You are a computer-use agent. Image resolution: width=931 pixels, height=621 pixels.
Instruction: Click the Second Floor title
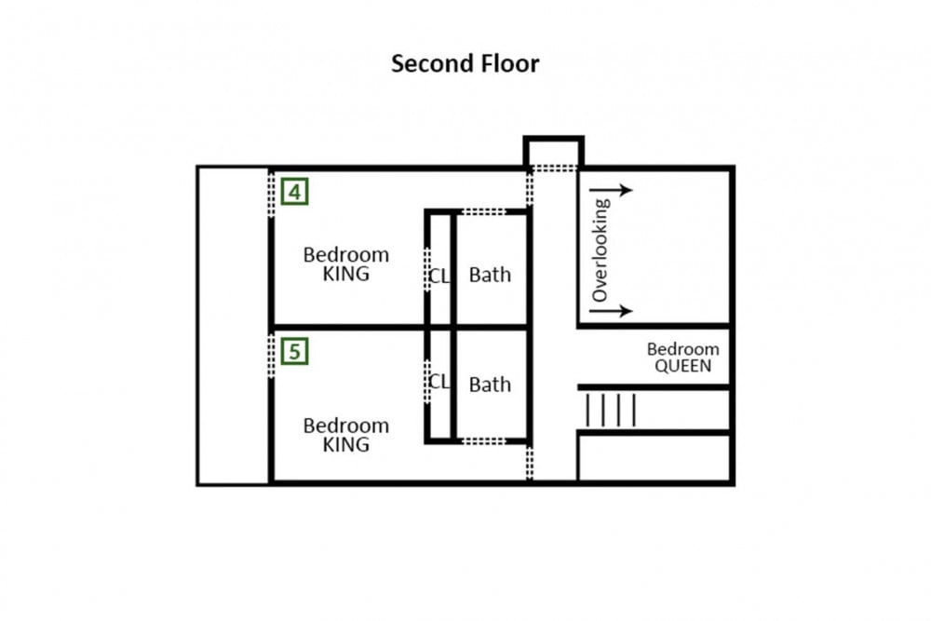(x=465, y=63)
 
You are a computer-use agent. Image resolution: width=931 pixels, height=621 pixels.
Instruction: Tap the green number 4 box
(x=294, y=191)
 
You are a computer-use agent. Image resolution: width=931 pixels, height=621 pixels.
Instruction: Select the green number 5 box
(x=294, y=351)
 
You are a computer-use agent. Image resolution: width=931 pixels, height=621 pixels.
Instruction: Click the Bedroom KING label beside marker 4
(x=346, y=264)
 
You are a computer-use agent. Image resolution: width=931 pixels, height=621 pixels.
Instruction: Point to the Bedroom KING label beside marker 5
(x=346, y=435)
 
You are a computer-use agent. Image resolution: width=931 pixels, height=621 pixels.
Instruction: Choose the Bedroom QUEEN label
(x=682, y=358)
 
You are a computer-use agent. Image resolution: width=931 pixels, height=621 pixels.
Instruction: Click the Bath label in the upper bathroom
(x=490, y=275)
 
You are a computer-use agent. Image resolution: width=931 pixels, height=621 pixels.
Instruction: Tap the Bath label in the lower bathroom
(x=490, y=385)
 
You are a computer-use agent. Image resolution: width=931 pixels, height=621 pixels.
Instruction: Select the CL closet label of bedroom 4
(x=439, y=277)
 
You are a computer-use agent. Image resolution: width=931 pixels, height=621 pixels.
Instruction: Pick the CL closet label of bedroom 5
(x=439, y=381)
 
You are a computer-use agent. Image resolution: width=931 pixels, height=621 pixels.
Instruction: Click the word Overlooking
(x=600, y=250)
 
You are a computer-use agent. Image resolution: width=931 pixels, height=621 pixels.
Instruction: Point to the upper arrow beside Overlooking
(x=612, y=190)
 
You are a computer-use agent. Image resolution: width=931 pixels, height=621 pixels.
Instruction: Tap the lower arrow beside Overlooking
(x=612, y=311)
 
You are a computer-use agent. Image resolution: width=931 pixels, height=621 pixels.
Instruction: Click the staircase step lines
(x=611, y=411)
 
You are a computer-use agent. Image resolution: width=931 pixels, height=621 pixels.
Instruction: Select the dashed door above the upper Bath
(x=484, y=212)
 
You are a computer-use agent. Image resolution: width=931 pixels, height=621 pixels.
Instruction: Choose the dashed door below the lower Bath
(x=484, y=441)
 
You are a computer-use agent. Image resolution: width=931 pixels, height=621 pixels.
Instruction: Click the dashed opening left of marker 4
(x=271, y=195)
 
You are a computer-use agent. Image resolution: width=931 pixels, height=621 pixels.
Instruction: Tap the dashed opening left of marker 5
(x=271, y=356)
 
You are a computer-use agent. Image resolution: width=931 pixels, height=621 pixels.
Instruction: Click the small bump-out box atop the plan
(x=553, y=153)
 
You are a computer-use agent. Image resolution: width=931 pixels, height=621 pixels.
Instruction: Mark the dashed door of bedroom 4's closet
(x=427, y=270)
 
